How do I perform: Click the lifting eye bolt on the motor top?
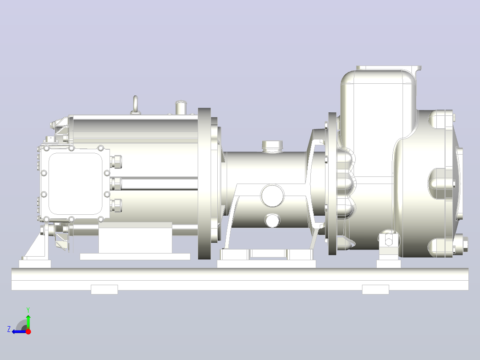click(135, 105)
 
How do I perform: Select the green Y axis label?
click(28, 310)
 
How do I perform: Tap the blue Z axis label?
click(9, 329)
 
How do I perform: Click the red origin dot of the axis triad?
click(28, 331)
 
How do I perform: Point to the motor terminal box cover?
click(75, 184)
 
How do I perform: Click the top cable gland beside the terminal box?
click(116, 161)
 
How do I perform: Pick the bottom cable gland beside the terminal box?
click(116, 205)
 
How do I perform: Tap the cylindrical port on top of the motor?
click(181, 107)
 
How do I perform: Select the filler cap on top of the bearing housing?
click(272, 146)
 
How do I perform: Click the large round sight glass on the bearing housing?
click(272, 196)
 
